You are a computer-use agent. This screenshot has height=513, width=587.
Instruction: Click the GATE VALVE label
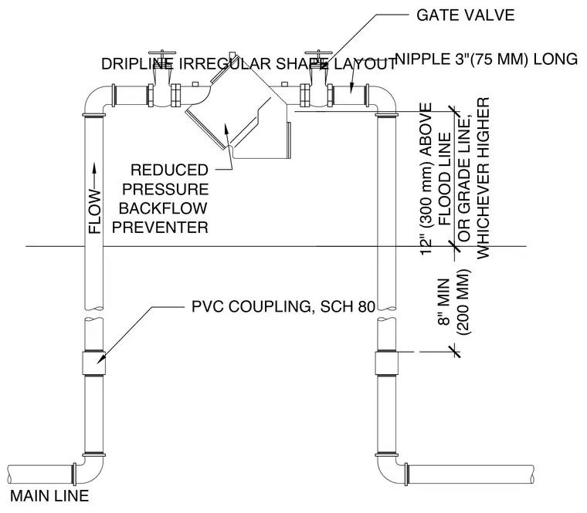tap(465, 15)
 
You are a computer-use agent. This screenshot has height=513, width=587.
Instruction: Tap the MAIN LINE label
tap(49, 496)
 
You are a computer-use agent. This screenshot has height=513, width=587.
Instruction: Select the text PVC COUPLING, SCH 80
tap(283, 306)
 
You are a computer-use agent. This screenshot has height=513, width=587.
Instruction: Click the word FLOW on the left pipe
tap(95, 211)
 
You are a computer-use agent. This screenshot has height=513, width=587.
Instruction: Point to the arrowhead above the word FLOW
tap(94, 168)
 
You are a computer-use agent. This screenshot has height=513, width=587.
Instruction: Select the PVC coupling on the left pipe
tap(94, 363)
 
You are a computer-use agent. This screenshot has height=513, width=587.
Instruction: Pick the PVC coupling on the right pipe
tap(386, 363)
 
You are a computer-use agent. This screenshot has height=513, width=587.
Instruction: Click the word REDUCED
tap(169, 170)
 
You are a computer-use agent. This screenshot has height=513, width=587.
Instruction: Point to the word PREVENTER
tap(160, 228)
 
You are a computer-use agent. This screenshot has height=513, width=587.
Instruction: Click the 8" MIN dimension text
tap(444, 302)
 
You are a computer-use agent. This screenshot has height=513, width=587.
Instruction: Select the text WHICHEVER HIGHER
tap(483, 178)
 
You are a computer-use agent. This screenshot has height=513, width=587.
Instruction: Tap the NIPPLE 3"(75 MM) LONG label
tap(487, 59)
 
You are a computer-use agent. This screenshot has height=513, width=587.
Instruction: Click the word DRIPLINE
tap(137, 64)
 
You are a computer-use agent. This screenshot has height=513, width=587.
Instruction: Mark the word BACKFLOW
tap(163, 208)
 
